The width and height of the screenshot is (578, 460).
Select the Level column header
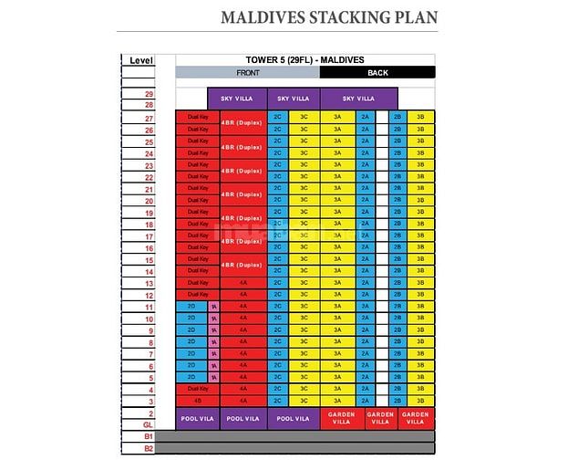[141, 60]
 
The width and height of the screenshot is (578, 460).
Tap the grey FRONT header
[247, 73]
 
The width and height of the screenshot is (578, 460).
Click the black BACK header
[377, 73]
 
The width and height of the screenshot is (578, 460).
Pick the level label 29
[148, 94]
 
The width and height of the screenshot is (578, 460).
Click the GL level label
[148, 425]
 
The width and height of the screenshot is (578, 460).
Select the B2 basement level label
[148, 448]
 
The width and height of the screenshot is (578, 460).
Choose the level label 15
[148, 259]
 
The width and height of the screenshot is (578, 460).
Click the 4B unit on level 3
[198, 401]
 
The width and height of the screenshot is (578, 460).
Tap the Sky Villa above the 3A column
[359, 98]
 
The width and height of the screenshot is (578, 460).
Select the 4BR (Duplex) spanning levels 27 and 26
[242, 123]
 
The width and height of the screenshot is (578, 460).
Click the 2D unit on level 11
[191, 307]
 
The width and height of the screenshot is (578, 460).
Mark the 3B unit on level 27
[419, 117]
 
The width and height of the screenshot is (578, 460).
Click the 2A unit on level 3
[365, 401]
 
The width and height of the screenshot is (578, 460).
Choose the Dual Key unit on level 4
[198, 389]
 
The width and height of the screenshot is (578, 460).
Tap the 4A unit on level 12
[243, 295]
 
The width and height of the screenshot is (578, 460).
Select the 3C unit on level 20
[304, 200]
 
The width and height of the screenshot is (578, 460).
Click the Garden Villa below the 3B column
[416, 418]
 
